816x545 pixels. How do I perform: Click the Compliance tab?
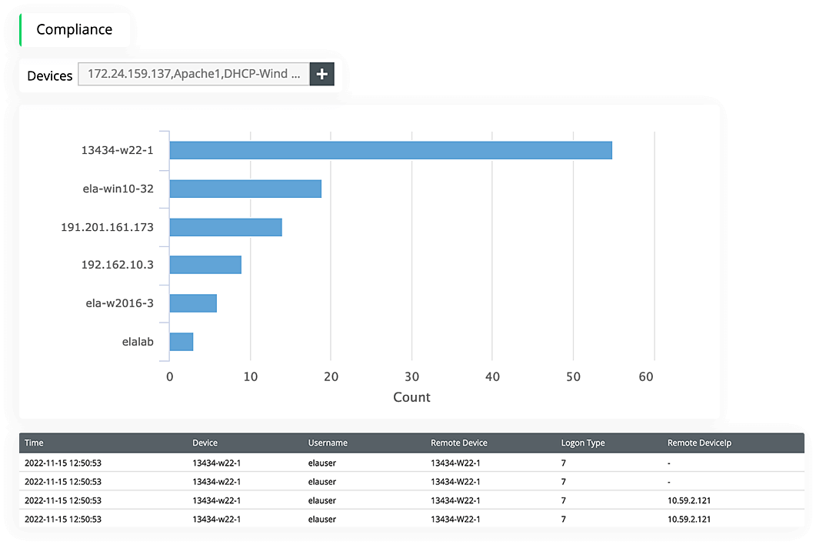[x=75, y=30]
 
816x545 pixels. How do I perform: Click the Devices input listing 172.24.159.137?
[x=194, y=75]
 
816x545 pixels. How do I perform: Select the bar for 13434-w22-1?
[x=390, y=150]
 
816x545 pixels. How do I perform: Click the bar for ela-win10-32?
[x=245, y=189]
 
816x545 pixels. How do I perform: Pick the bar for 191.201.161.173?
[x=225, y=227]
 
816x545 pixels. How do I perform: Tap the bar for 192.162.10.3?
[x=205, y=265]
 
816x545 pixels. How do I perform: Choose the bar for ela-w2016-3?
[x=193, y=303]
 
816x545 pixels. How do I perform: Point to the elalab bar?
[x=181, y=342]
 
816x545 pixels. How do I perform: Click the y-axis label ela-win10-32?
[x=118, y=189]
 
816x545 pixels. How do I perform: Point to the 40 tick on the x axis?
[x=493, y=376]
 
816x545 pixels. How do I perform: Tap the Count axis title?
[x=411, y=397]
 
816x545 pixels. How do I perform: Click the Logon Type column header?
[x=583, y=443]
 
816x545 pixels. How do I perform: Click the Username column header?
[x=328, y=443]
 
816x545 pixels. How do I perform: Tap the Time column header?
[x=34, y=443]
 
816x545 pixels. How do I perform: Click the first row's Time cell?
[x=63, y=463]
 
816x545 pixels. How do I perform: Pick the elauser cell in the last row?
[x=321, y=519]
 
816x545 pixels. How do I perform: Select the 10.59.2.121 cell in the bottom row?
[x=689, y=519]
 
